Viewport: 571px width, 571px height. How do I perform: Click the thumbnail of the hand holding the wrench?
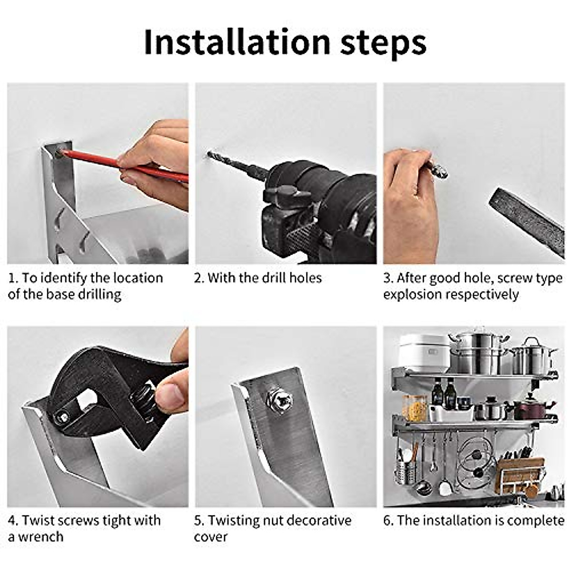98,417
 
